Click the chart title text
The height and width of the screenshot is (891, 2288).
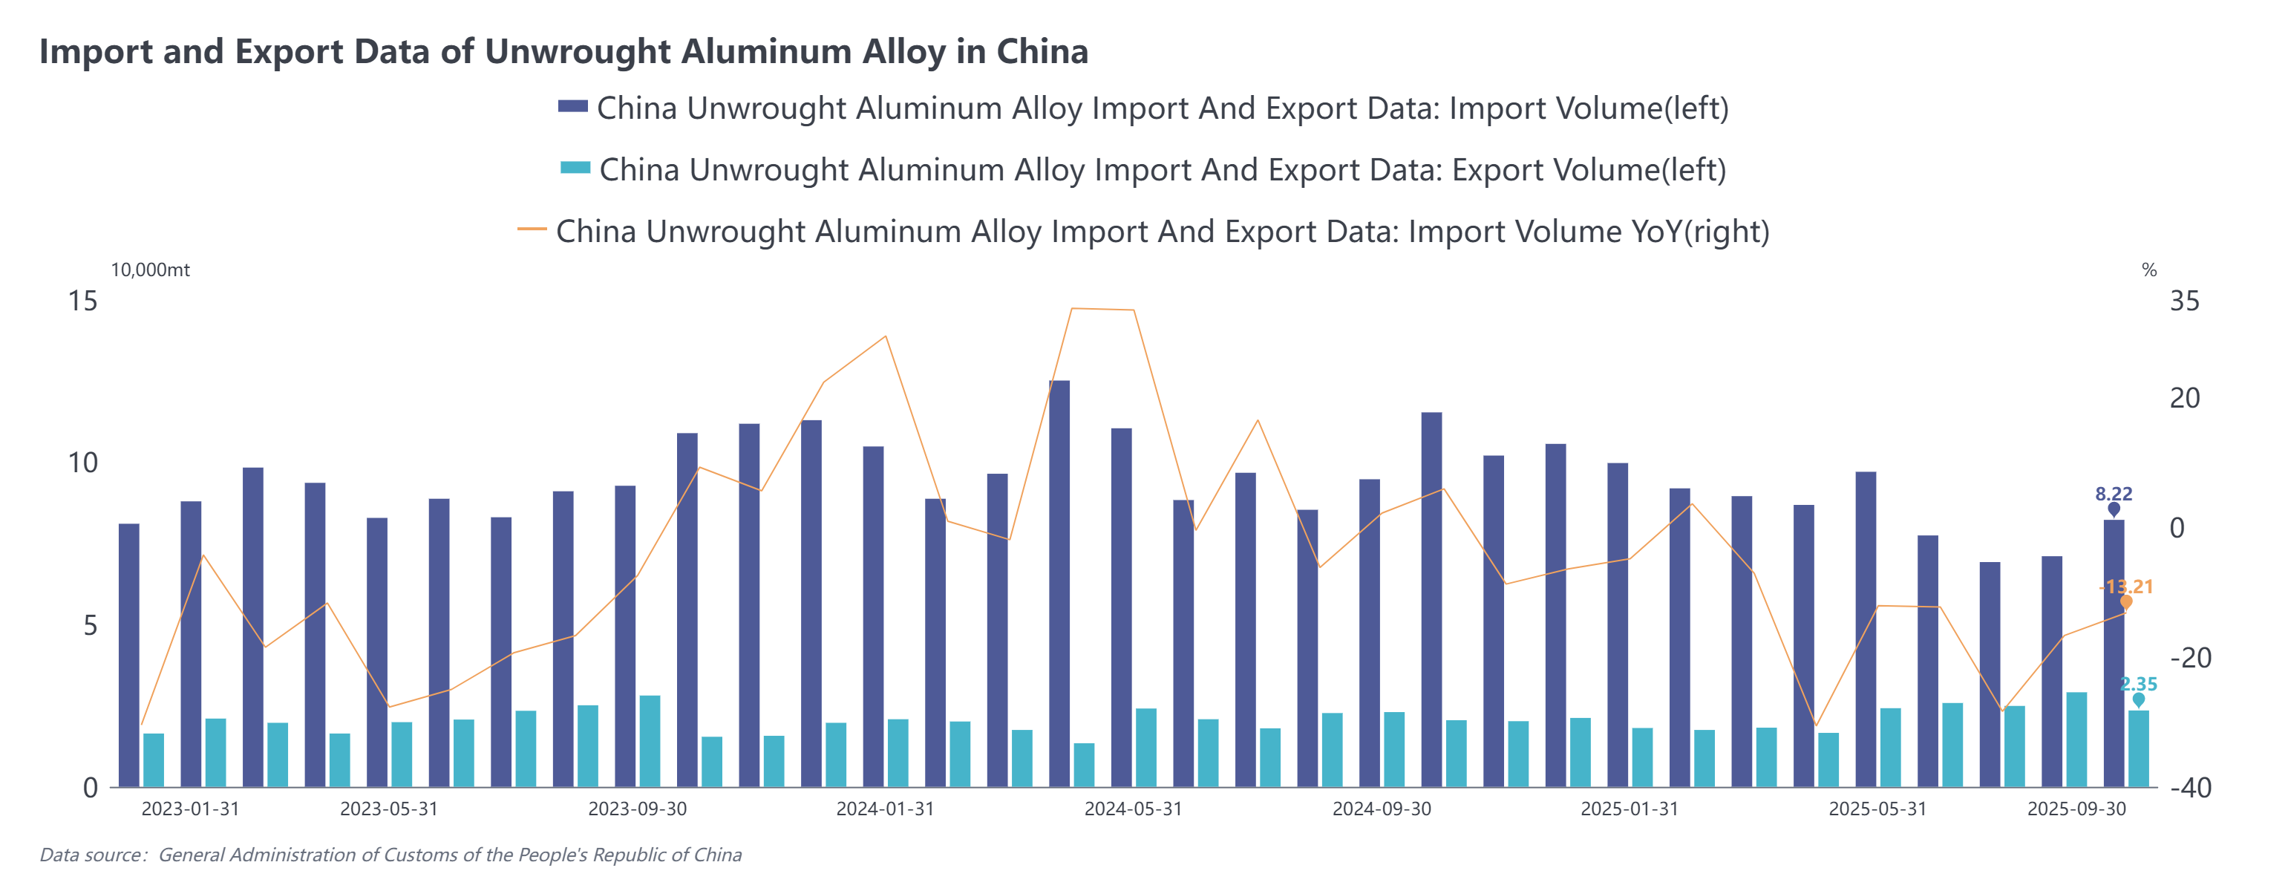563,51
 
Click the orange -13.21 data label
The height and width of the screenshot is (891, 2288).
2125,587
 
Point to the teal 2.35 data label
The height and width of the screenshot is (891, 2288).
2138,684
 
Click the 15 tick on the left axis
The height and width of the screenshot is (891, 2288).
82,301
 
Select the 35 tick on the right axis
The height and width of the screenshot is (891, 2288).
2184,301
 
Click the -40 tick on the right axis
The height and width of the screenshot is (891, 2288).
2189,788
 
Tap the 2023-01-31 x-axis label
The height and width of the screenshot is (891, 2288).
190,809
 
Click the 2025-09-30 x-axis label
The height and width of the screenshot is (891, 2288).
2076,809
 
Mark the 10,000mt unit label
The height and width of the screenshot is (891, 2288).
150,270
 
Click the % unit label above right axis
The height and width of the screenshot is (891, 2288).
2148,270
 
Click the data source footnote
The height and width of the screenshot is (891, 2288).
390,855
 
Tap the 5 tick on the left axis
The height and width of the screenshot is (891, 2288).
90,625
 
